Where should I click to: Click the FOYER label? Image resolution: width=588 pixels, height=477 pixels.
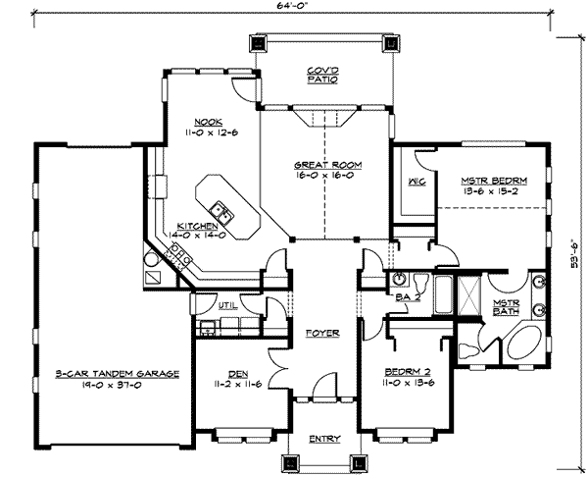[x=321, y=334]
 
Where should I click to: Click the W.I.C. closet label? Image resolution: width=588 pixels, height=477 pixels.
[x=415, y=183]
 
